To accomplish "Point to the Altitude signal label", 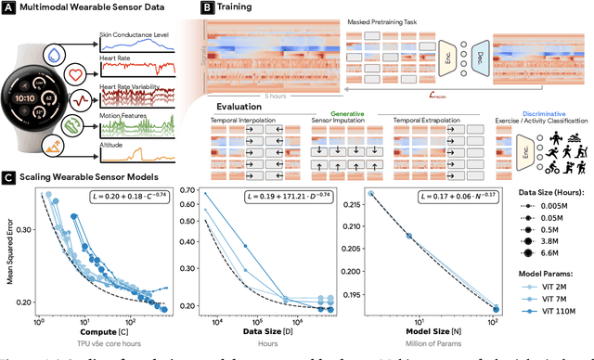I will coord(113,145).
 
